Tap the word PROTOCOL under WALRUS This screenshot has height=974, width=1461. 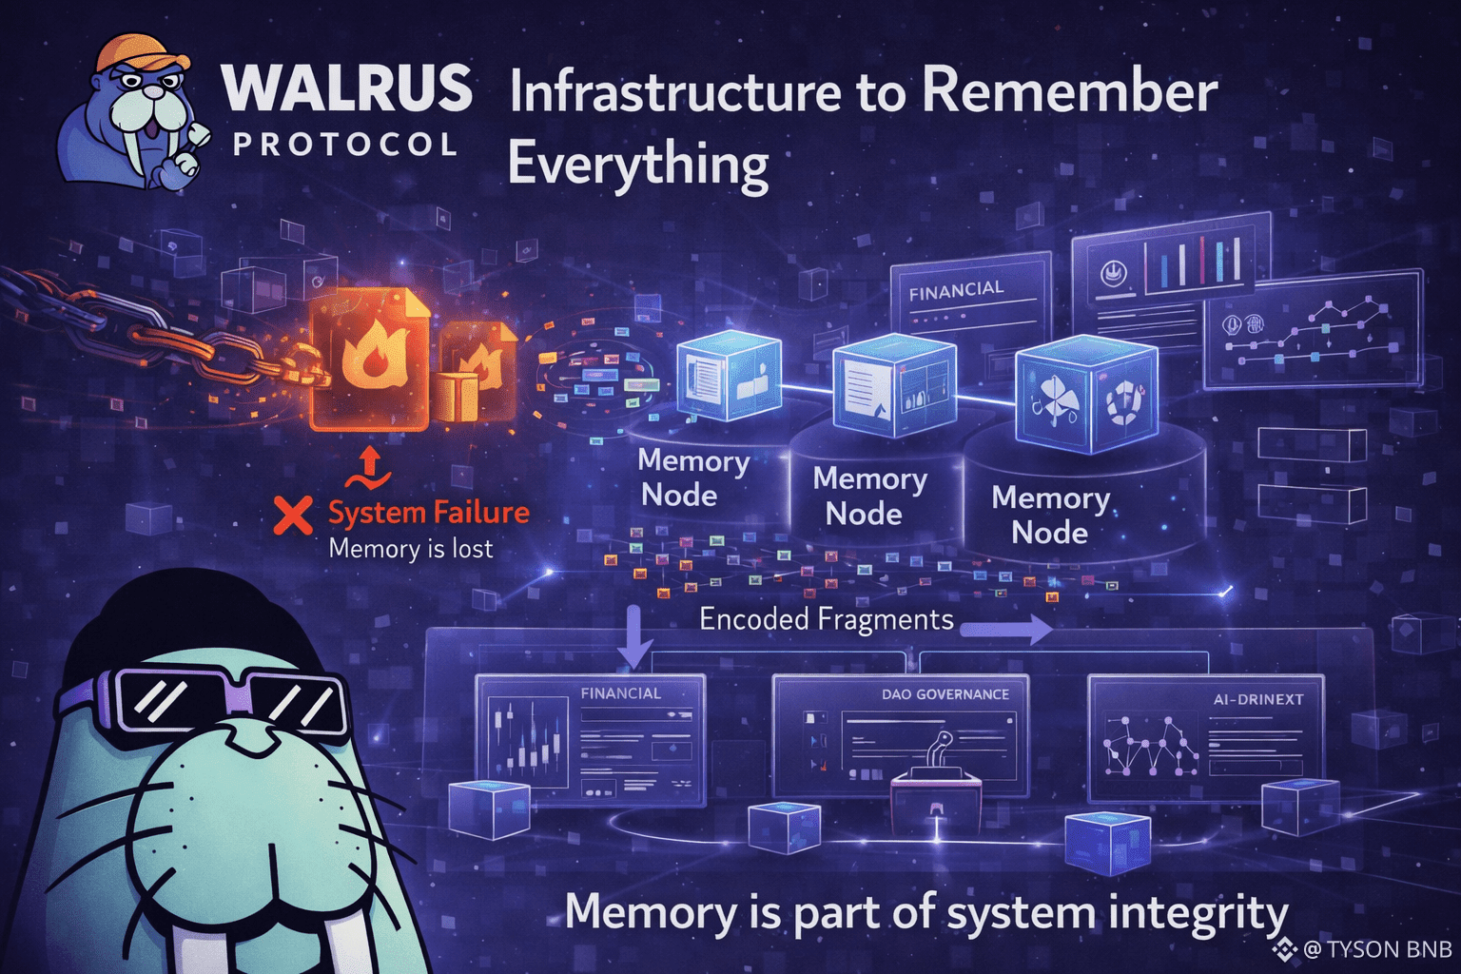(345, 145)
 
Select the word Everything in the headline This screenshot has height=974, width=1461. (638, 164)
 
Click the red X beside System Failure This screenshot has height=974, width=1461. (292, 515)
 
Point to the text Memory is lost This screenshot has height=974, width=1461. (410, 549)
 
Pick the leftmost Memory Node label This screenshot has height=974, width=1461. (692, 478)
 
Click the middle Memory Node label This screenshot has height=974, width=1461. (868, 497)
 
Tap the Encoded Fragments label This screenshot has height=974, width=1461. (827, 619)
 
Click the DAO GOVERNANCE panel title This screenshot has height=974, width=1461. (945, 694)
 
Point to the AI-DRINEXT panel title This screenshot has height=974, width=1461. (1249, 700)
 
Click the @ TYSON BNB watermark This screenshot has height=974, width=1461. (1367, 949)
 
